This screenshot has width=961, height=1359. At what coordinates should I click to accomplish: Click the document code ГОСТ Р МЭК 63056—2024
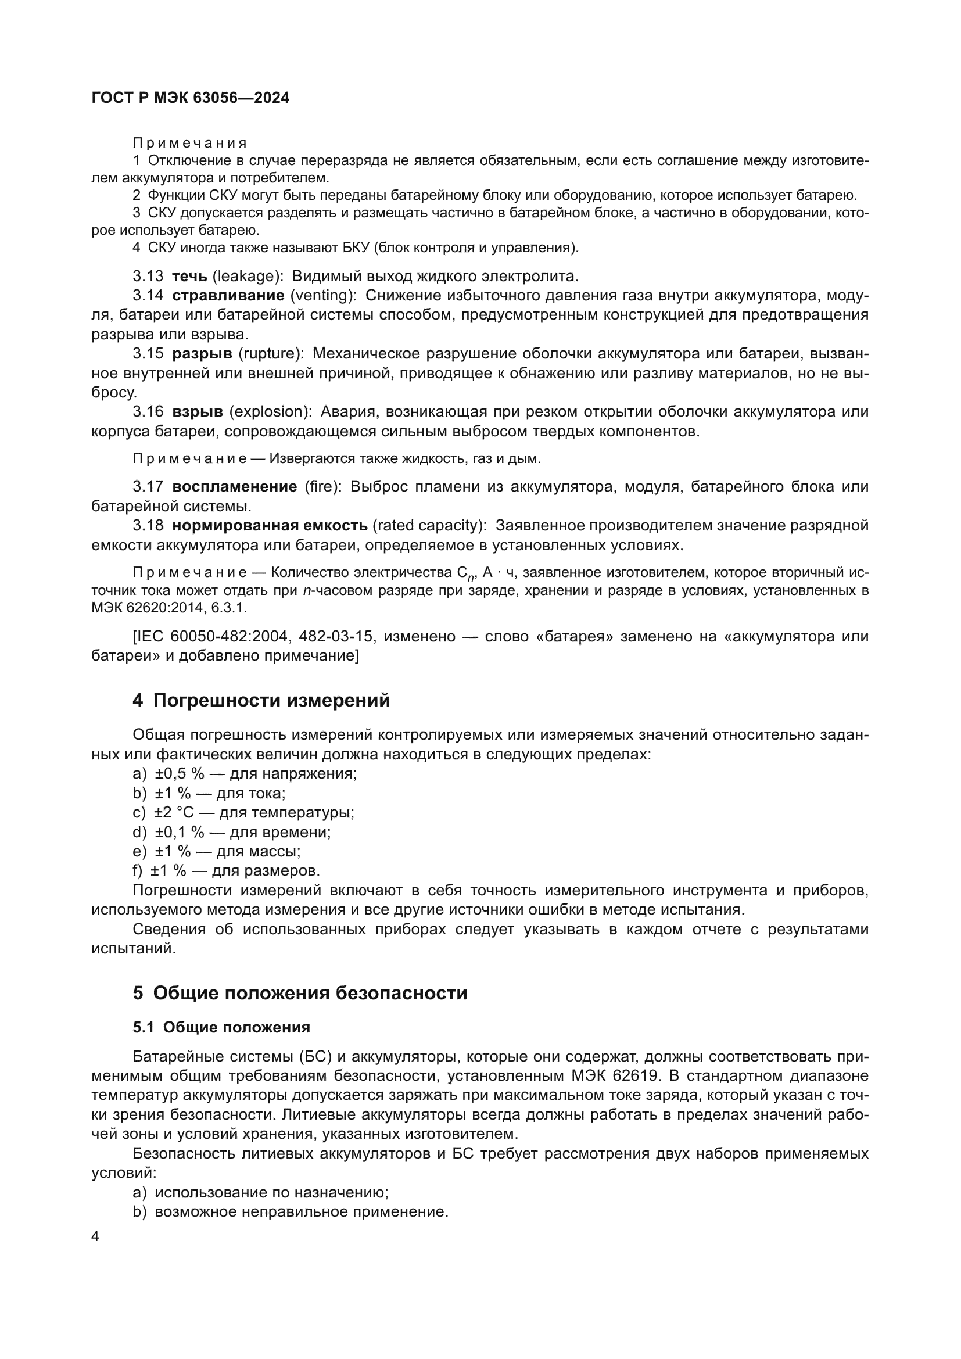pos(191,98)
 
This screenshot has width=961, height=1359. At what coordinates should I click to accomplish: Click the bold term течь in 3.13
pos(189,277)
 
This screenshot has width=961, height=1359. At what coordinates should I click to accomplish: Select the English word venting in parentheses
pos(322,296)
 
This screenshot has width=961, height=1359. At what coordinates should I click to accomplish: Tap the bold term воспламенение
pos(234,487)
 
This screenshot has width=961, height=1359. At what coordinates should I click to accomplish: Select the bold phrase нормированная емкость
pos(270,526)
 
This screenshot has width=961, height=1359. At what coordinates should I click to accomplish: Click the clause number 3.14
pos(148,296)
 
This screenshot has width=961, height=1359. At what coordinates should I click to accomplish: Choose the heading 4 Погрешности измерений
pos(261,700)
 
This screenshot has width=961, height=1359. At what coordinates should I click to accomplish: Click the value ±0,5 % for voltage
pos(180,774)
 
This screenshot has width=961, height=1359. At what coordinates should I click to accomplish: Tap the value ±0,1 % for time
pos(180,832)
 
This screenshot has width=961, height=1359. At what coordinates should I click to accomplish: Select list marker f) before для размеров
pos(137,871)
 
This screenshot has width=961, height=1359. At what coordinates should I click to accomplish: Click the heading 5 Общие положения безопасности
pos(299,993)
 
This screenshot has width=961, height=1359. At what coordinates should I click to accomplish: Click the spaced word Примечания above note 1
pos(189,144)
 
